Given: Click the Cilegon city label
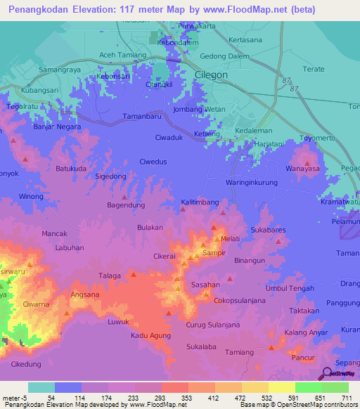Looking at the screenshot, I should click(210, 74).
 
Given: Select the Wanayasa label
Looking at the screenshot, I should click(303, 169).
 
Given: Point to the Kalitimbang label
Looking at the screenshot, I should click(200, 202).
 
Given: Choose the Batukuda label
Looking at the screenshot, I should click(71, 169).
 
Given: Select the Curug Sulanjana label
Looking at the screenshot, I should click(218, 324).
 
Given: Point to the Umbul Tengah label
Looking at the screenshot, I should click(290, 288).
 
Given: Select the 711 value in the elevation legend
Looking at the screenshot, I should click(345, 398).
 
